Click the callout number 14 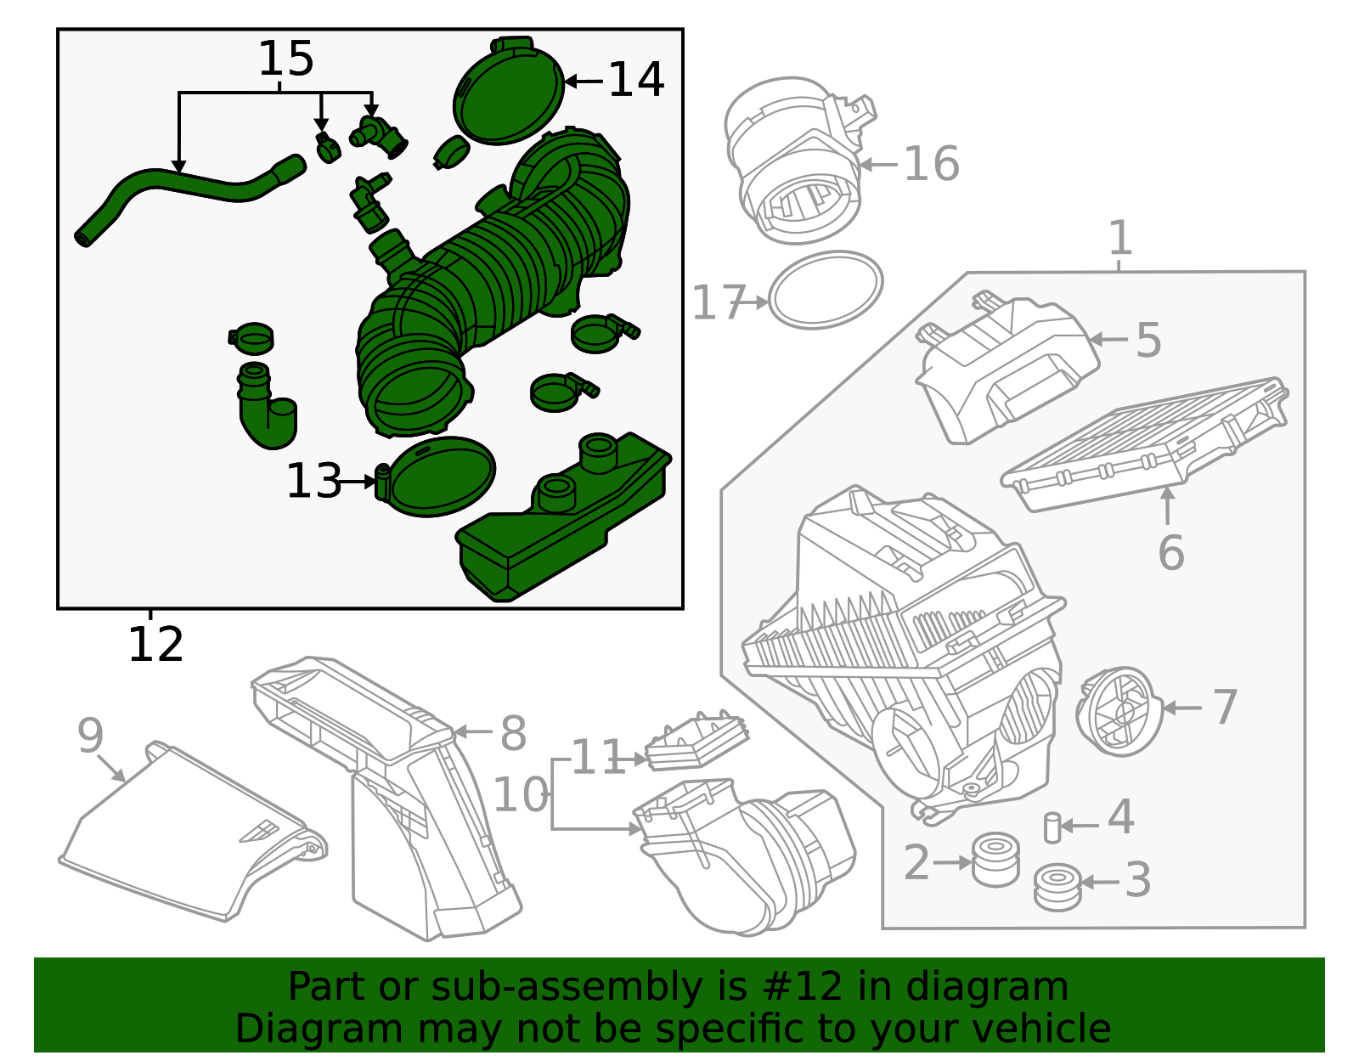pyautogui.click(x=636, y=80)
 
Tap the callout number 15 pyautogui.click(x=285, y=59)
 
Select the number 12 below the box pyautogui.click(x=155, y=645)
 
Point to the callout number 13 pyautogui.click(x=313, y=482)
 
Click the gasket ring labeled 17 pyautogui.click(x=825, y=290)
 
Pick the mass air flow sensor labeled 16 pyautogui.click(x=794, y=161)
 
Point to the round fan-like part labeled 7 pyautogui.click(x=1119, y=710)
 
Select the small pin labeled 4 pyautogui.click(x=1052, y=827)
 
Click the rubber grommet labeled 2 pyautogui.click(x=995, y=860)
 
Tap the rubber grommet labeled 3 pyautogui.click(x=1057, y=887)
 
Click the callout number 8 pyautogui.click(x=512, y=732)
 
